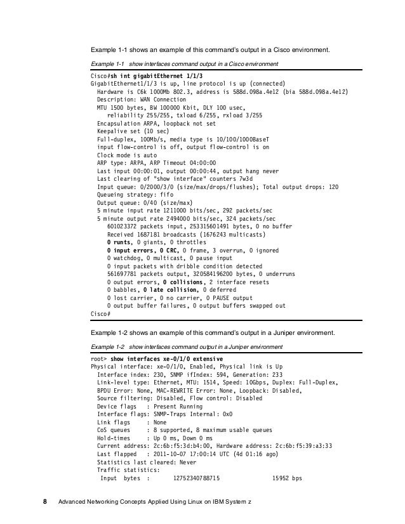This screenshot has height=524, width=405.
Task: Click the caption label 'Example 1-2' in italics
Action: pyautogui.click(x=108, y=348)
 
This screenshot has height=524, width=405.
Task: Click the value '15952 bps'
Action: pyautogui.click(x=287, y=478)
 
